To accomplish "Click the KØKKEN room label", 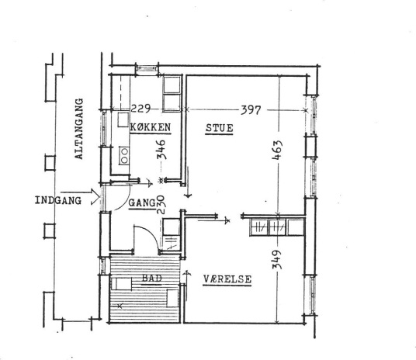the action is point(151,127).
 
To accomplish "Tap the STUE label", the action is point(220,128).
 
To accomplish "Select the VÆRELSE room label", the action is point(227,279).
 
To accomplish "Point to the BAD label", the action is point(152,279).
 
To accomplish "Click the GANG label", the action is point(142,203).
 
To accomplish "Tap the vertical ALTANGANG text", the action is point(79,129).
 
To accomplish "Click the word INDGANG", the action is point(58,200).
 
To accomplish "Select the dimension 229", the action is point(141,109).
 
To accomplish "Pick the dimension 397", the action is point(251,110).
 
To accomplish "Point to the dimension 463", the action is point(278,150).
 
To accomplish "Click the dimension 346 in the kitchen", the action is point(161,150).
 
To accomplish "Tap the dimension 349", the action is point(277,259).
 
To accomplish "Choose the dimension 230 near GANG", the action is point(161,205).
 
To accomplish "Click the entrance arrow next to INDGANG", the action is point(80,196).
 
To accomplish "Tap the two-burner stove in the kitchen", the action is point(124,155).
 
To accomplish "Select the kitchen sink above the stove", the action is point(123,119).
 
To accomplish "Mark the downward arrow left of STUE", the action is point(188,182).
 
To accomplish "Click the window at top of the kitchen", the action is point(147,68).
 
